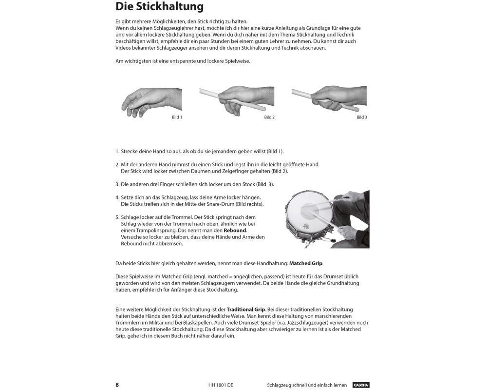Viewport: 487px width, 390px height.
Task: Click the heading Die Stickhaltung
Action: (159, 7)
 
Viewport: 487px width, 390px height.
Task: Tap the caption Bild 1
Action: (177, 117)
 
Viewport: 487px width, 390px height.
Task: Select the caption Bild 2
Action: (269, 117)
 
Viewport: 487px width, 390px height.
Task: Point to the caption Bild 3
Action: (362, 117)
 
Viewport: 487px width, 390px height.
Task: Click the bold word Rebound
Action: (235, 230)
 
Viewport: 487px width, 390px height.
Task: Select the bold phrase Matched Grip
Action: (306, 263)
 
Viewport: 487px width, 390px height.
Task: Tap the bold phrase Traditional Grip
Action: (246, 310)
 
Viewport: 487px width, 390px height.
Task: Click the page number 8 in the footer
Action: (117, 385)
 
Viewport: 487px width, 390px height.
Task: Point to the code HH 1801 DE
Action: (221, 385)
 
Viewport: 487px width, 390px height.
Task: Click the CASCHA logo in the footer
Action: (361, 385)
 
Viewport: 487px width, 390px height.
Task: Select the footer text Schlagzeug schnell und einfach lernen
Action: (307, 385)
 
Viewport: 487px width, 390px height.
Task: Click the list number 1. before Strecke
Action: (117, 151)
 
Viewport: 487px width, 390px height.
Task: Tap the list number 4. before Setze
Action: (117, 197)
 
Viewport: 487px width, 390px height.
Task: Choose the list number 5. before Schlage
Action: (117, 217)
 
